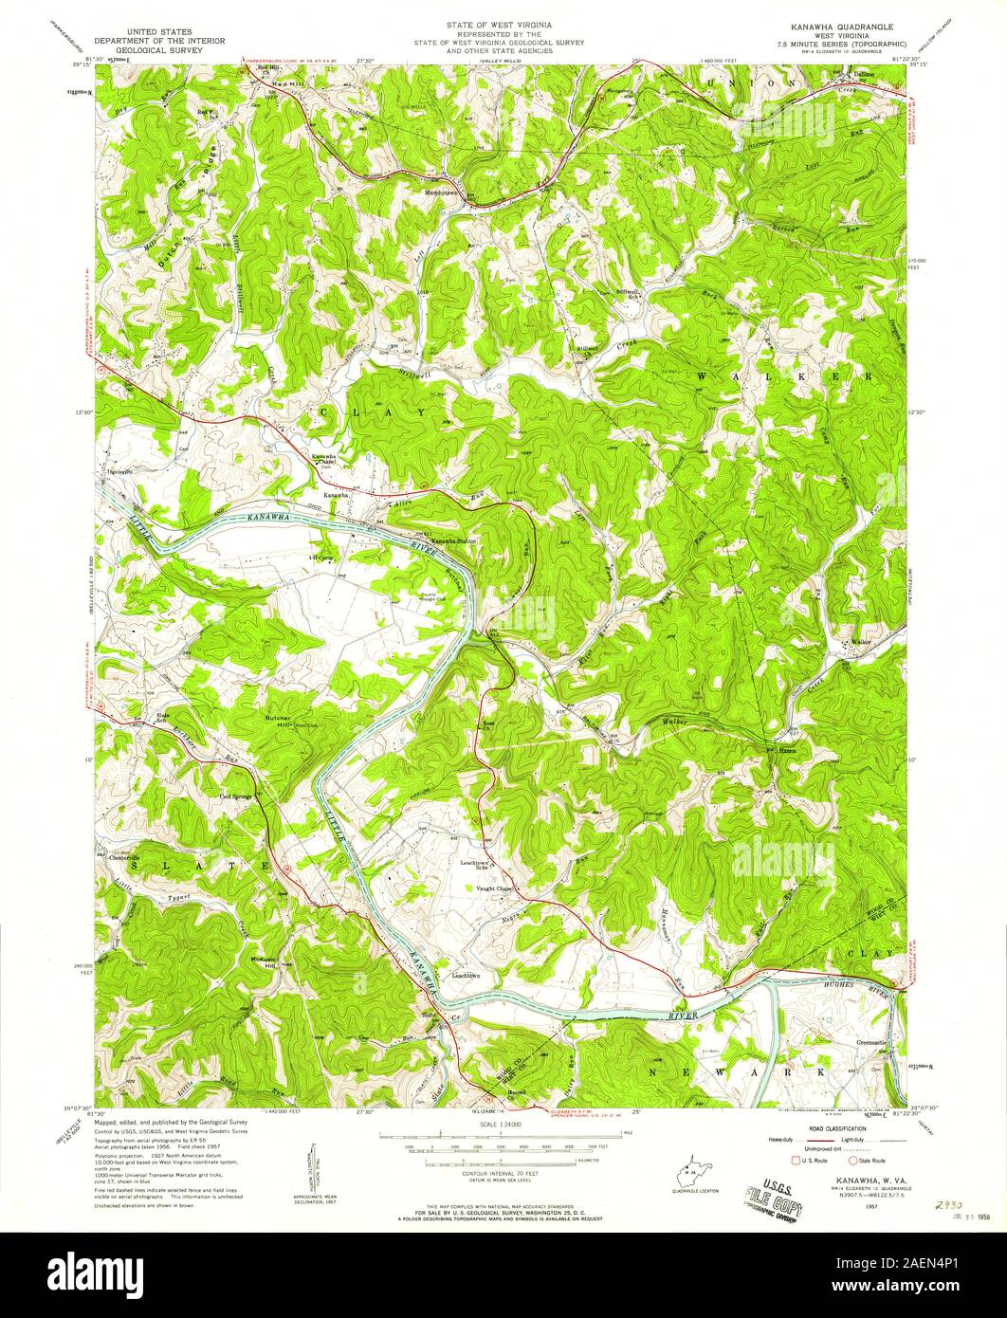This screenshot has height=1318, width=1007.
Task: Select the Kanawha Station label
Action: (x=453, y=541)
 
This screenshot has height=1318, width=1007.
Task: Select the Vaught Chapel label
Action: (x=495, y=888)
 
